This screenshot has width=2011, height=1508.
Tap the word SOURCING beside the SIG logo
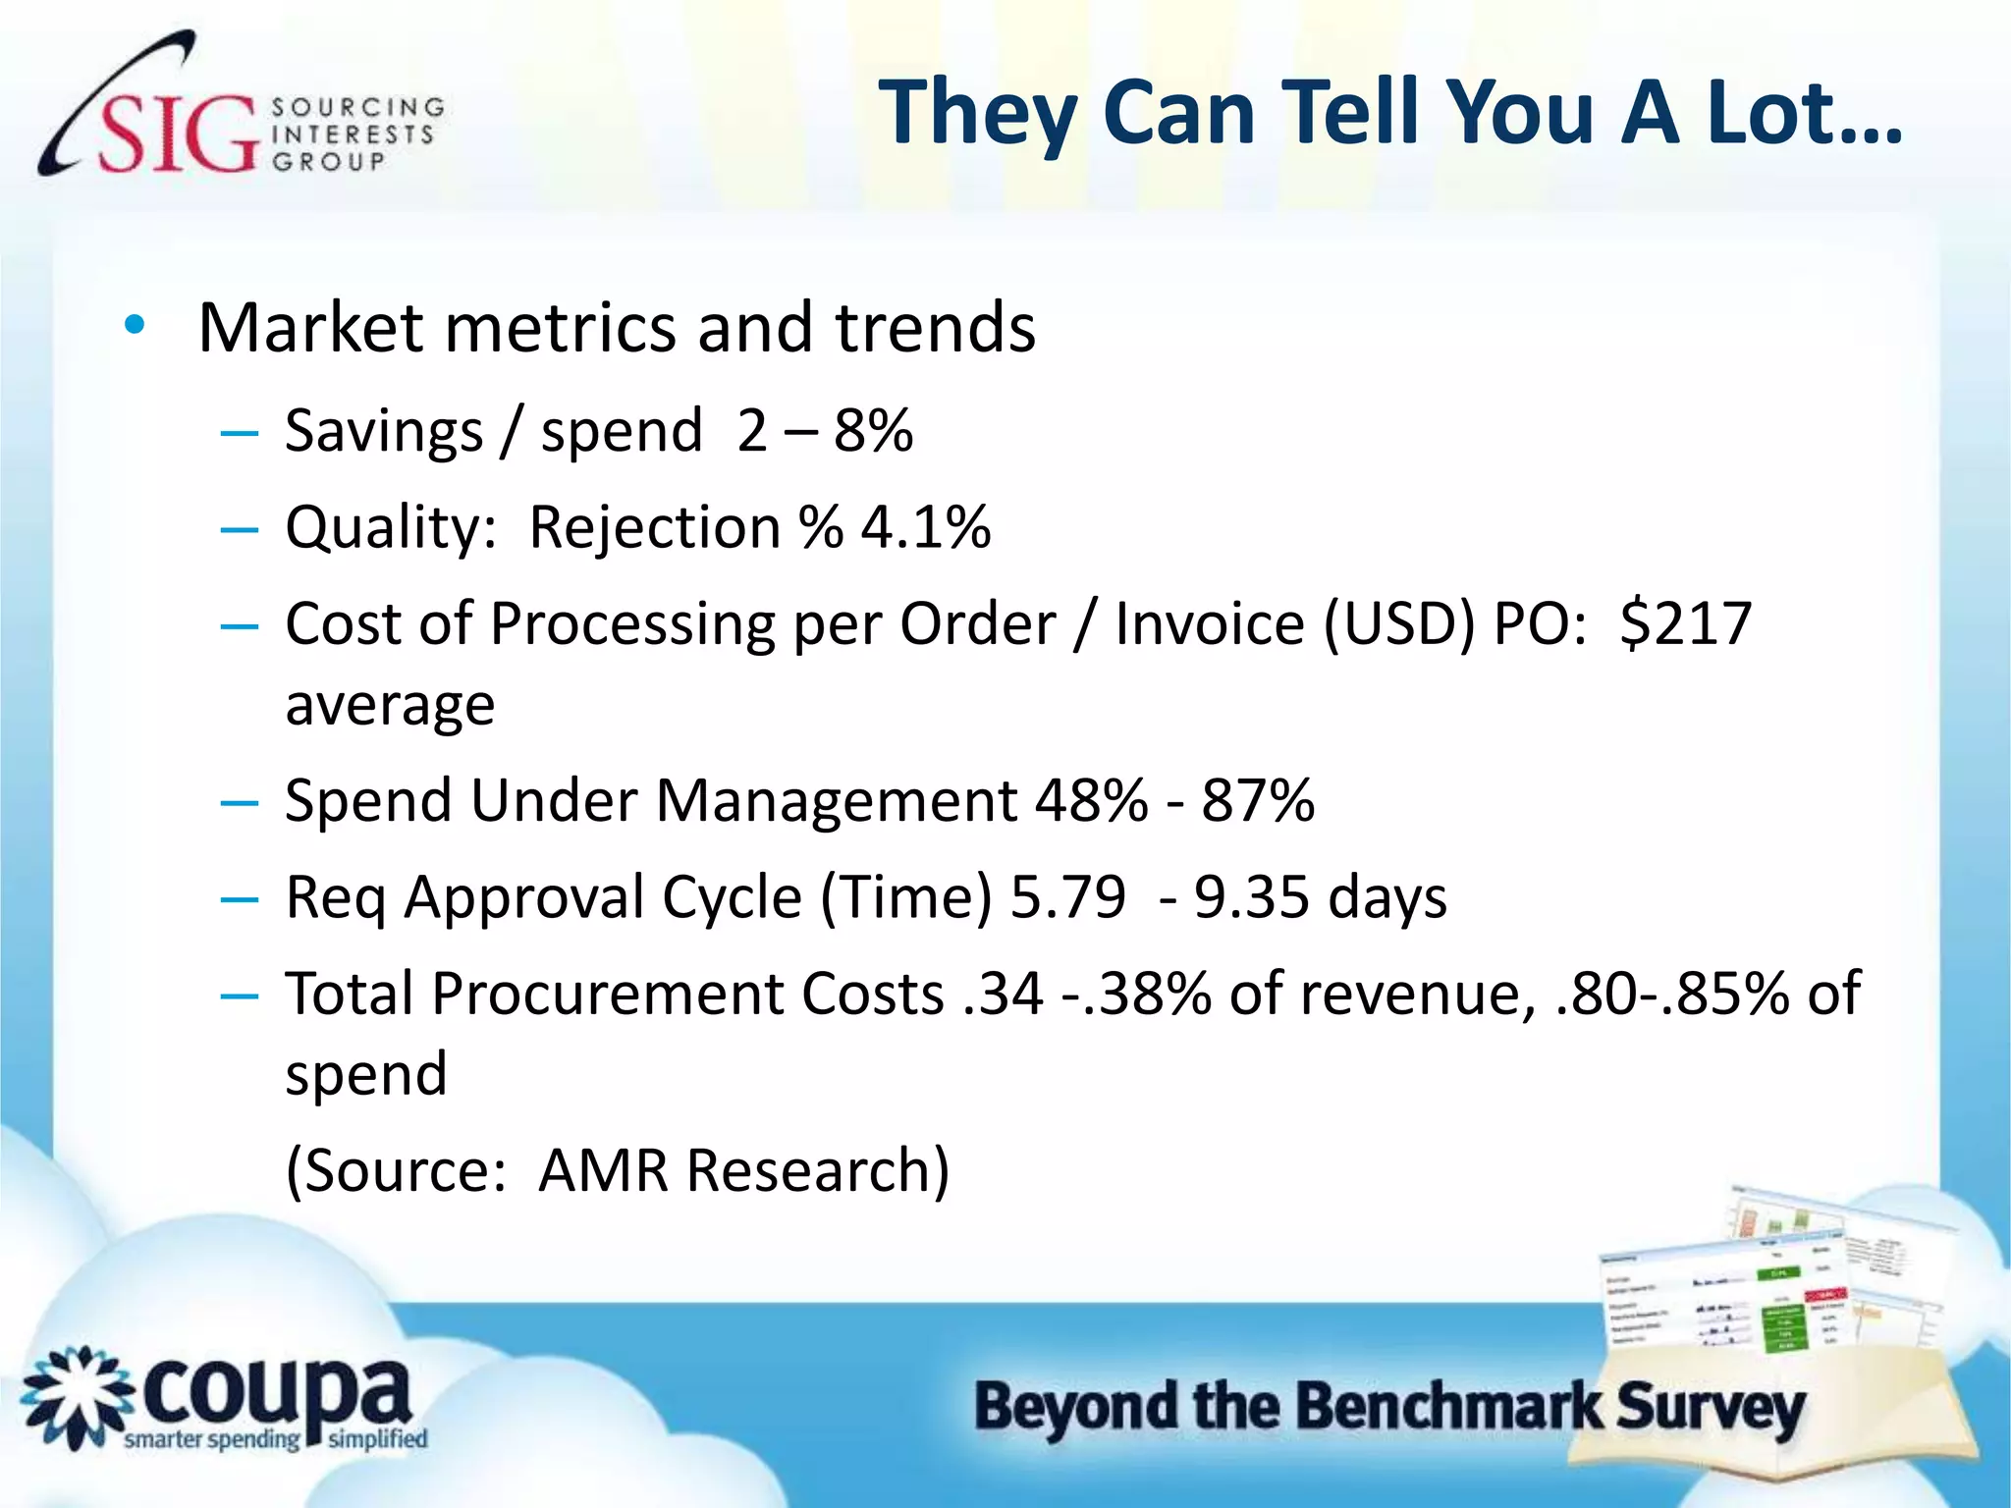click(x=357, y=106)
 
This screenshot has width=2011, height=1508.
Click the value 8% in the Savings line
click(x=873, y=431)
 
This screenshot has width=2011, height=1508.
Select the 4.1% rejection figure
click(x=926, y=527)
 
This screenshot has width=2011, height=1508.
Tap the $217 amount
click(x=1686, y=623)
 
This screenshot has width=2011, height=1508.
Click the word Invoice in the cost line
click(x=1209, y=623)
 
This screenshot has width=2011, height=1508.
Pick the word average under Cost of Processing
click(x=390, y=705)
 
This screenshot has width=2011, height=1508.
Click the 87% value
click(x=1258, y=800)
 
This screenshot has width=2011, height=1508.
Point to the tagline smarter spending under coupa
click(x=211, y=1440)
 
